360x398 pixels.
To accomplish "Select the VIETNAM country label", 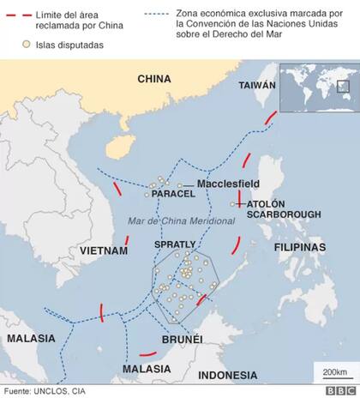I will pyautogui.click(x=103, y=251).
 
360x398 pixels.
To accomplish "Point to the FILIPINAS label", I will pyautogui.click(x=300, y=246).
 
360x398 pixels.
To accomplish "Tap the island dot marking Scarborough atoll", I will pyautogui.click(x=234, y=204).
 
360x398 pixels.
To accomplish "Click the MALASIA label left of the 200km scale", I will pyautogui.click(x=141, y=368).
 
